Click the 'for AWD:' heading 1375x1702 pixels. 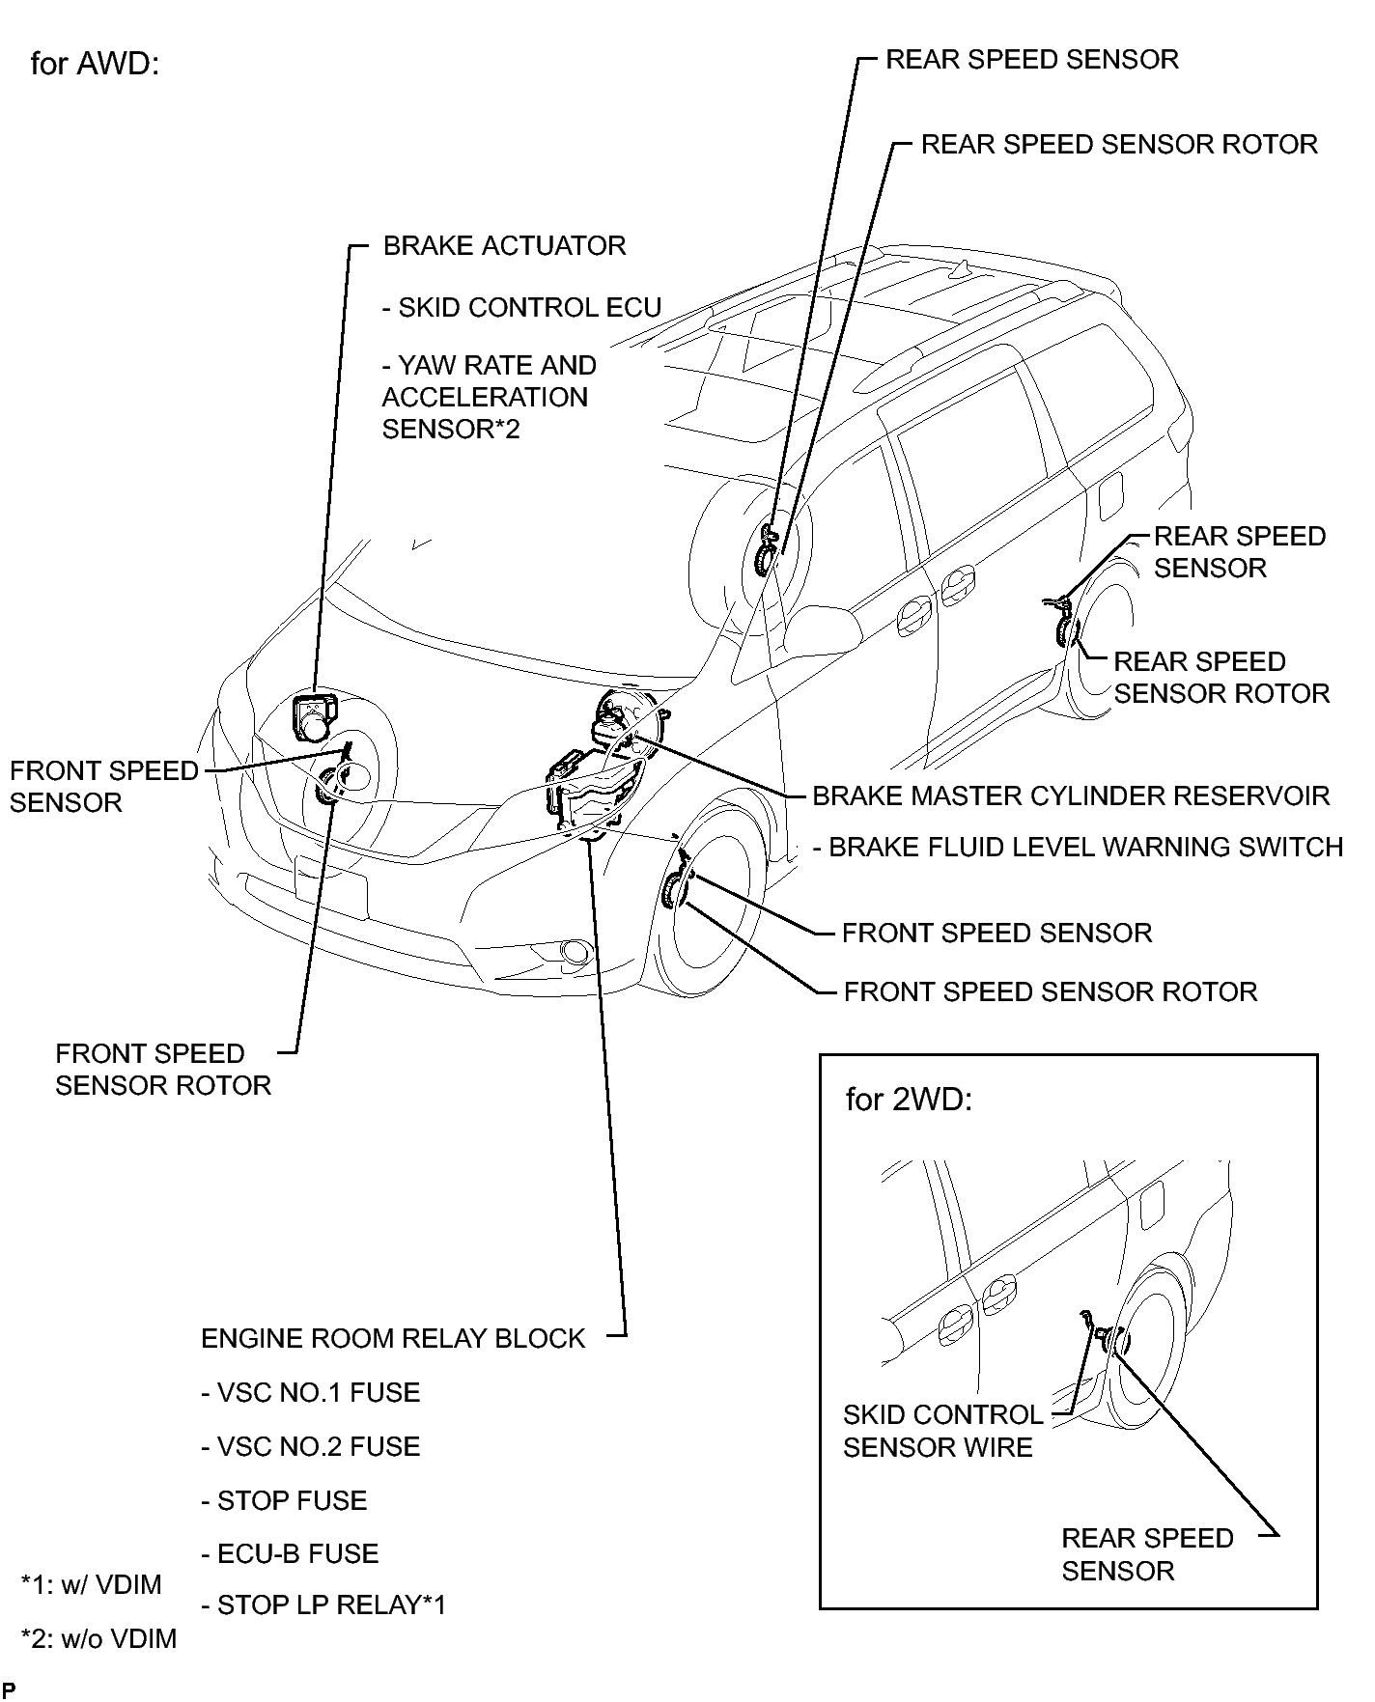click(94, 64)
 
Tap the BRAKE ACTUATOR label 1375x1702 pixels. click(504, 245)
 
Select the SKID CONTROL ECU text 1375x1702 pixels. click(521, 307)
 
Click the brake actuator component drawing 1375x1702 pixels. click(313, 717)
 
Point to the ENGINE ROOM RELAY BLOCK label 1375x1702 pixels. click(393, 1338)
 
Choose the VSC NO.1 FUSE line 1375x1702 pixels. click(311, 1392)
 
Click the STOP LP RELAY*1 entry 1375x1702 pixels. click(324, 1604)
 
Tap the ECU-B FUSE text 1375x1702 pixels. click(290, 1553)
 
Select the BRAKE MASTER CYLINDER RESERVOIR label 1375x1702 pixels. click(1071, 795)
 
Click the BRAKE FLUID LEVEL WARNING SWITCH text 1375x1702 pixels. click(1078, 847)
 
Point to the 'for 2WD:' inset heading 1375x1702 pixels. click(909, 1100)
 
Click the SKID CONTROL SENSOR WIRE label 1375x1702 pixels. click(942, 1431)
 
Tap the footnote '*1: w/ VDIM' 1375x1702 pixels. click(92, 1584)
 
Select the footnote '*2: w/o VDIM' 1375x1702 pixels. click(98, 1638)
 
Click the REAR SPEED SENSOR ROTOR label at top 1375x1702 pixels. click(1119, 144)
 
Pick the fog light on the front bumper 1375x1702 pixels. click(575, 953)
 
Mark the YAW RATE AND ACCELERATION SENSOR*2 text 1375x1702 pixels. click(489, 397)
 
